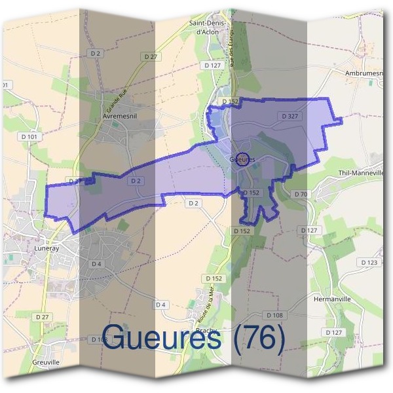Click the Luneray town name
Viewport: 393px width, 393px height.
tap(47, 250)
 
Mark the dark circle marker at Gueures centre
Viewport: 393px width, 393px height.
tap(242, 160)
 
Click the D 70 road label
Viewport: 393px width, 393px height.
tap(301, 195)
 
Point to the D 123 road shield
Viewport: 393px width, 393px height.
tap(369, 262)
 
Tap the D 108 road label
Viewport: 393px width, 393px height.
tap(275, 315)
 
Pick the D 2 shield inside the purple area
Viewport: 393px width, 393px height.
tap(136, 180)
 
